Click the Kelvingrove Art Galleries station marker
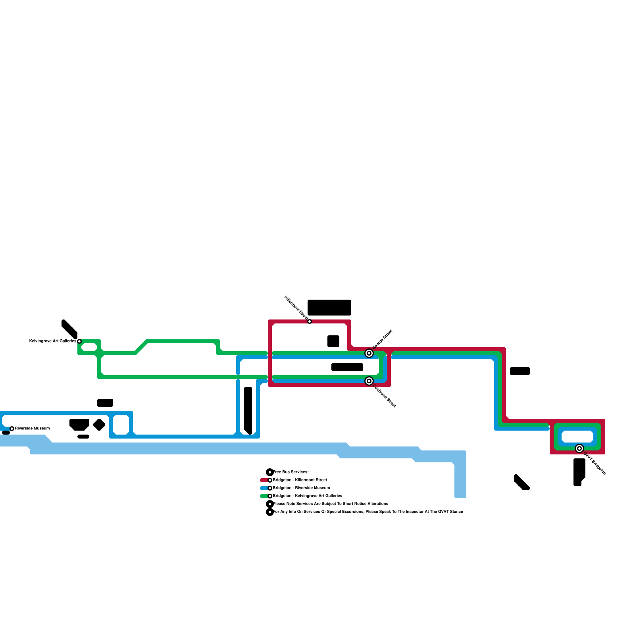(x=79, y=341)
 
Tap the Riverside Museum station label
(x=33, y=429)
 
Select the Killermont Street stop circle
(x=310, y=321)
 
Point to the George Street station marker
(x=369, y=353)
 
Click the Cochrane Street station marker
(x=369, y=381)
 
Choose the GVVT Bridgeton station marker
(x=579, y=448)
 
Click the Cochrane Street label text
(x=384, y=396)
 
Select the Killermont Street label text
(x=296, y=308)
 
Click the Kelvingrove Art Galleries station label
(x=53, y=341)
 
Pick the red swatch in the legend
(x=264, y=480)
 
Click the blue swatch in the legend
(x=264, y=488)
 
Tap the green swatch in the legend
(x=264, y=496)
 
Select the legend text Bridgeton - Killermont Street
(x=300, y=480)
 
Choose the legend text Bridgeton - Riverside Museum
(x=302, y=488)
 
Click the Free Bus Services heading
(x=291, y=472)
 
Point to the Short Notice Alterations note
(x=331, y=504)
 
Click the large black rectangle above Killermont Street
(x=329, y=308)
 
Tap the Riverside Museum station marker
(x=12, y=429)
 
